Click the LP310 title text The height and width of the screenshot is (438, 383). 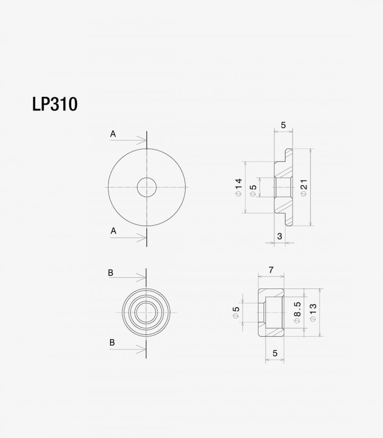(55, 104)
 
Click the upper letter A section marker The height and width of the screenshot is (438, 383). (113, 134)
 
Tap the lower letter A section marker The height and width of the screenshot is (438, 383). (113, 231)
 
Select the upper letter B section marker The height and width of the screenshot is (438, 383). (111, 273)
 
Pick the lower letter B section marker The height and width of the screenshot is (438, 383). (112, 342)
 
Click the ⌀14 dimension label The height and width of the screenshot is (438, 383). (239, 187)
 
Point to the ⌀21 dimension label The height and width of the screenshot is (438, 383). (304, 188)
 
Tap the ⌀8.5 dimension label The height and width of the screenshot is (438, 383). (297, 312)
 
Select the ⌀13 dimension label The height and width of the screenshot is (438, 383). (313, 312)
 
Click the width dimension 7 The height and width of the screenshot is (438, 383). (271, 270)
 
